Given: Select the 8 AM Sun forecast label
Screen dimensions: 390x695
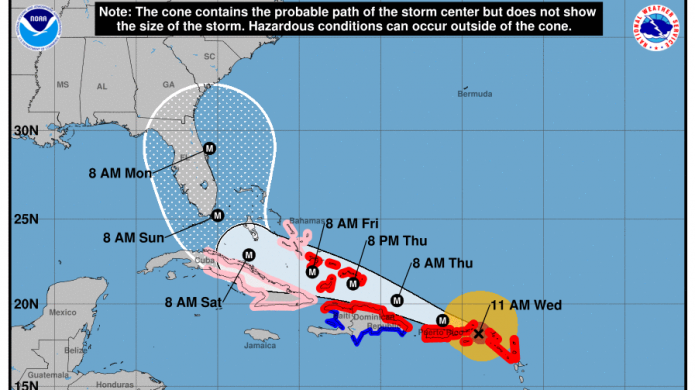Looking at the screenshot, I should pyautogui.click(x=131, y=237).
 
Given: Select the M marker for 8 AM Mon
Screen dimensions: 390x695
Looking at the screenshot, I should pyautogui.click(x=209, y=149).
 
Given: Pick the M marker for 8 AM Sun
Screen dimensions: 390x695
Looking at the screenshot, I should pyautogui.click(x=217, y=213).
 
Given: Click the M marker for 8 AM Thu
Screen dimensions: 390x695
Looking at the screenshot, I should pyautogui.click(x=398, y=299).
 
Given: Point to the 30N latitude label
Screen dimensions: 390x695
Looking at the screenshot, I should pyautogui.click(x=25, y=131).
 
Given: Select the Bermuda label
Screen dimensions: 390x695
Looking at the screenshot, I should pyautogui.click(x=475, y=94).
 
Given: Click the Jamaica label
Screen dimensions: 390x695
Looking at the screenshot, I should pyautogui.click(x=258, y=346).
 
